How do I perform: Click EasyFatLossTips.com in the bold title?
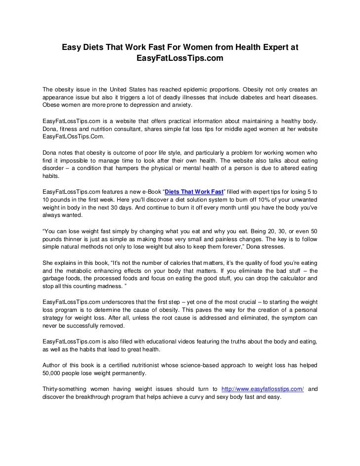tap(180, 59)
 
